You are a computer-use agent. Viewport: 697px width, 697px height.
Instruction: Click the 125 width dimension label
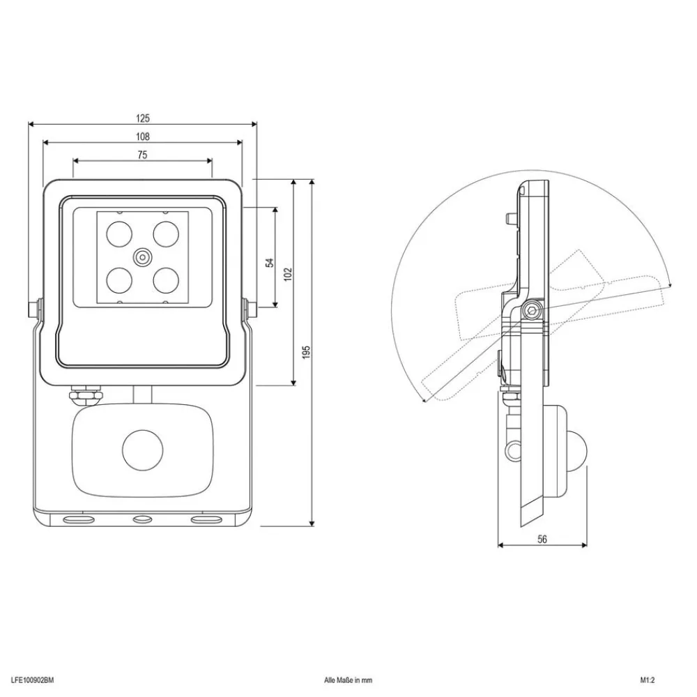[x=142, y=118]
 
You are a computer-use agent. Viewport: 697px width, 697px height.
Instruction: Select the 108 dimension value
[x=142, y=137]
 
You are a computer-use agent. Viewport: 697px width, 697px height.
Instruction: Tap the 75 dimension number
[x=142, y=155]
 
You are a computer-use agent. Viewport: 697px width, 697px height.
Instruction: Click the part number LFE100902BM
[x=33, y=677]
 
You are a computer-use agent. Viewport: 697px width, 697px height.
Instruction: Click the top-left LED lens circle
[x=118, y=233]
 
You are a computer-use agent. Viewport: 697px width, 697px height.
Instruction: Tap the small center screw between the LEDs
[x=142, y=256]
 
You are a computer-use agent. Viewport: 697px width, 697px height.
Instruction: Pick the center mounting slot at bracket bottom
[x=142, y=519]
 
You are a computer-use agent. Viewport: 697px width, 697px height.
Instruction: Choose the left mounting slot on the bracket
[x=78, y=519]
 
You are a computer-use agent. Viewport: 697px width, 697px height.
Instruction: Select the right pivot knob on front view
[x=248, y=308]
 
